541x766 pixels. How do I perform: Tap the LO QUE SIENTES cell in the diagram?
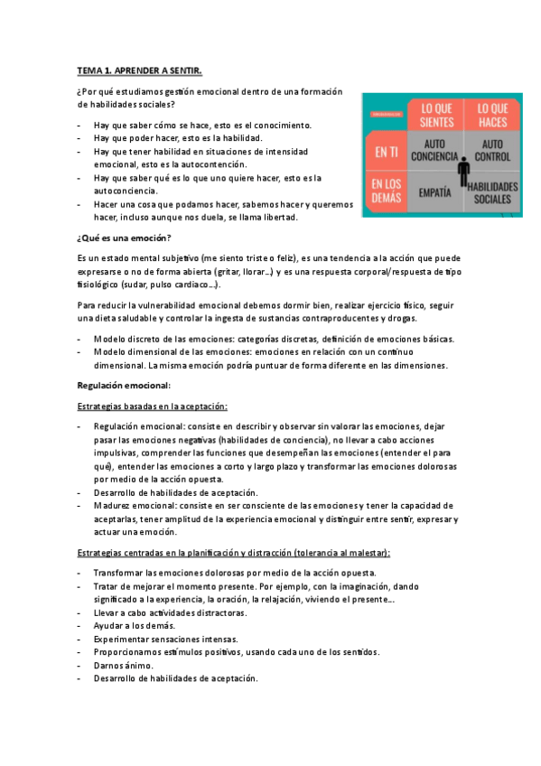436,114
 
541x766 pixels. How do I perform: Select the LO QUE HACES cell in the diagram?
492,114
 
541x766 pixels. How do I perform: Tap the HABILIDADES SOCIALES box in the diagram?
494,191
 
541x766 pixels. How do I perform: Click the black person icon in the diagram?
464,172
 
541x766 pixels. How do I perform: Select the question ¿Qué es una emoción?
125,238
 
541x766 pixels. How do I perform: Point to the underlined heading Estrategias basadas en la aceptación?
153,406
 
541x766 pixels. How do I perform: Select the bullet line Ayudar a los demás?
134,625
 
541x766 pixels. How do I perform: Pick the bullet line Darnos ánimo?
126,665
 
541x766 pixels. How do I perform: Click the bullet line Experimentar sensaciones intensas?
156,639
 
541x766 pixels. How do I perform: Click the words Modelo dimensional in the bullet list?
133,352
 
